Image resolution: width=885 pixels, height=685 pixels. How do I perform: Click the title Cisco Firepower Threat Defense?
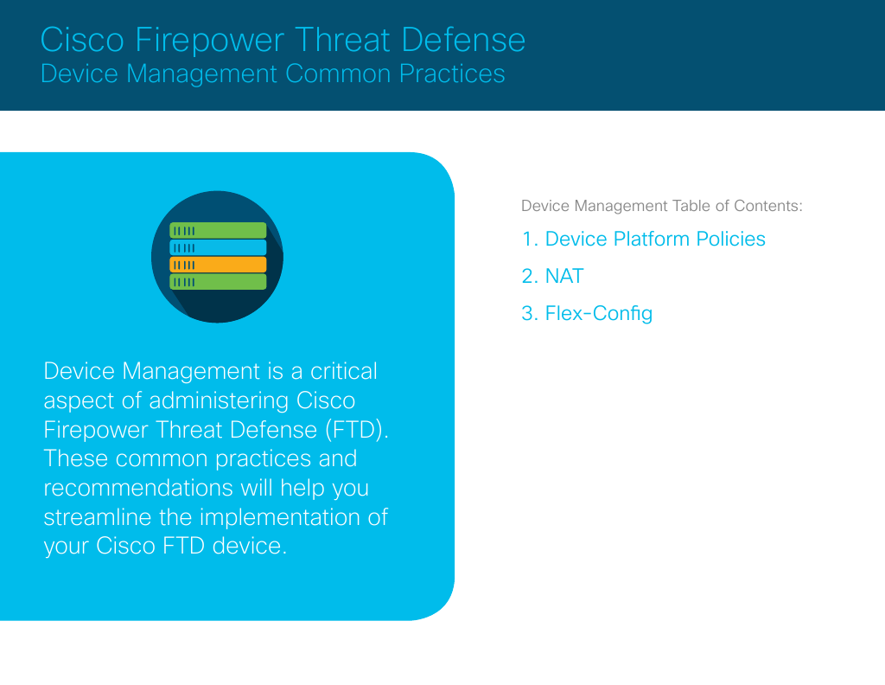pyautogui.click(x=283, y=40)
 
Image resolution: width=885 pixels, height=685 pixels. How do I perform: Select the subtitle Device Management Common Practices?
pyautogui.click(x=272, y=74)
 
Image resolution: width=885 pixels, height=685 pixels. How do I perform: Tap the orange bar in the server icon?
pyautogui.click(x=218, y=265)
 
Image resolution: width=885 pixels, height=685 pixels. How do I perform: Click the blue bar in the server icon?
pyautogui.click(x=218, y=247)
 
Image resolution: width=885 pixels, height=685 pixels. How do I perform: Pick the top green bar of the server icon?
pyautogui.click(x=218, y=230)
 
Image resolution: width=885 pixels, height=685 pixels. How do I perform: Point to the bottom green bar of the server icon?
pyautogui.click(x=218, y=282)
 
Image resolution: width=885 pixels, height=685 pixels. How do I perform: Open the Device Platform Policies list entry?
pyautogui.click(x=644, y=239)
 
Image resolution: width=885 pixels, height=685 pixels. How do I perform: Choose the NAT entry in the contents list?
pyautogui.click(x=553, y=276)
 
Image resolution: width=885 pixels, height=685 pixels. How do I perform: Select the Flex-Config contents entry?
pyautogui.click(x=588, y=313)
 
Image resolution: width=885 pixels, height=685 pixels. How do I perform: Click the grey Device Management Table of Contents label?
pyautogui.click(x=662, y=206)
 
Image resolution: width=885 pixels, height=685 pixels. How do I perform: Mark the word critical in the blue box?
pyautogui.click(x=344, y=371)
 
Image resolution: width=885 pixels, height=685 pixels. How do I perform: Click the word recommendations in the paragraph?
pyautogui.click(x=138, y=488)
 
